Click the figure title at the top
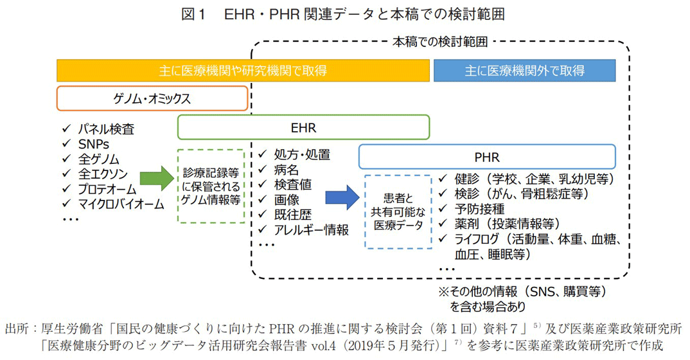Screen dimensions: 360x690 click(x=344, y=14)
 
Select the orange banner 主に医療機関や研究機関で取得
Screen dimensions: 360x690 click(x=243, y=71)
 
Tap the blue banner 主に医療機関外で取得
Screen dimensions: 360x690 click(x=524, y=71)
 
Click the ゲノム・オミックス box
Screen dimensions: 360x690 click(x=152, y=99)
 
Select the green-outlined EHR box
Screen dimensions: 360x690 click(x=303, y=127)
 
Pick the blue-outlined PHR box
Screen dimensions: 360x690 click(x=486, y=156)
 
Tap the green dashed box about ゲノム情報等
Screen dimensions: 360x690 click(x=211, y=186)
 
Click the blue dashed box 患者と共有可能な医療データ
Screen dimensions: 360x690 click(x=398, y=212)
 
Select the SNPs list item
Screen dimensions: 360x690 click(x=94, y=144)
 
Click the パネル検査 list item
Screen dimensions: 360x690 click(x=106, y=129)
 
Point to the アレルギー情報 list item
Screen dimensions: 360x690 click(x=312, y=230)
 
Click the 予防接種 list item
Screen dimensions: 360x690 click(x=479, y=209)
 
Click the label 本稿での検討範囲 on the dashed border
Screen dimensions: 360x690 click(x=440, y=42)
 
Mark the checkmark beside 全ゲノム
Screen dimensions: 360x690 click(x=66, y=159)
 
